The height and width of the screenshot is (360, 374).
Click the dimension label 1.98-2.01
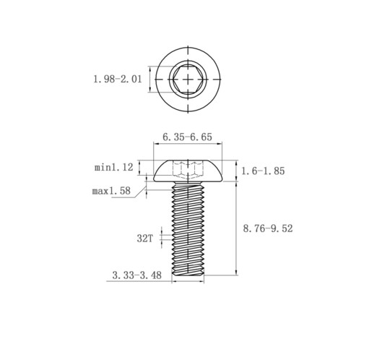pyautogui.click(x=118, y=79)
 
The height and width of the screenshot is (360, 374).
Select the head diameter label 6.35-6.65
pyautogui.click(x=188, y=137)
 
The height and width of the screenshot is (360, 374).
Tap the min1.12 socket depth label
pyautogui.click(x=114, y=167)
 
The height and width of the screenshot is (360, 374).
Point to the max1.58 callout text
pyautogui.click(x=111, y=191)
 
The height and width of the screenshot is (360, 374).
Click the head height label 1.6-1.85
pyautogui.click(x=263, y=171)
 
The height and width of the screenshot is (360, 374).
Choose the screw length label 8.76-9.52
pyautogui.click(x=268, y=228)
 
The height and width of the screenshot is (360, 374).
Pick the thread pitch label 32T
pyautogui.click(x=145, y=239)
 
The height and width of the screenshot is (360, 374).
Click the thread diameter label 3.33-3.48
pyautogui.click(x=137, y=275)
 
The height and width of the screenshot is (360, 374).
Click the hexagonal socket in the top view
pyautogui.click(x=188, y=79)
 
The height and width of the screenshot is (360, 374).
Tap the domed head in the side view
pyautogui.click(x=188, y=171)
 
